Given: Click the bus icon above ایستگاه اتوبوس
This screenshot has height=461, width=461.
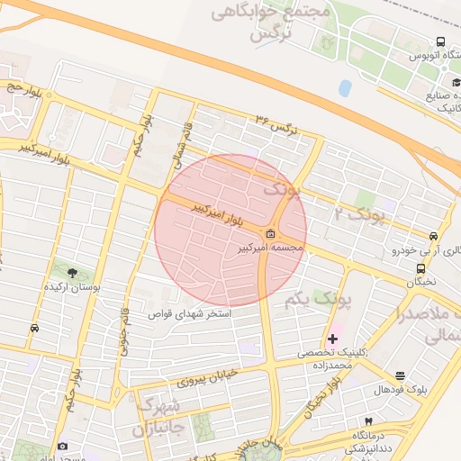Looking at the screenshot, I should [x=440, y=41].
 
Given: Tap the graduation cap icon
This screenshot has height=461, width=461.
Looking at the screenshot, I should [x=444, y=84].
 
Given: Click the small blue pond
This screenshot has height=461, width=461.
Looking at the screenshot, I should [x=346, y=88].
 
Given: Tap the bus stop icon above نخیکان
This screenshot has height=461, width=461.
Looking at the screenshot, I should [x=420, y=268].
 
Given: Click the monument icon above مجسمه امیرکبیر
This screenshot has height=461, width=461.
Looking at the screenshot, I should [x=271, y=234].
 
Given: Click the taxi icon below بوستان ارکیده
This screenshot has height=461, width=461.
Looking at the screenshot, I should [x=35, y=329].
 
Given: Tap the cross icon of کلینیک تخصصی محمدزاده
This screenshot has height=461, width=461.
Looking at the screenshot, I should [x=333, y=339].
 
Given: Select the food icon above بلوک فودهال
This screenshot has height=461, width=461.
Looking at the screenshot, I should [x=401, y=376].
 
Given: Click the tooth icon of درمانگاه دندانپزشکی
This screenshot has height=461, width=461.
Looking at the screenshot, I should [x=368, y=421].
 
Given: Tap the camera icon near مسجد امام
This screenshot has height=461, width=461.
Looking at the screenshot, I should [x=62, y=447].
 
